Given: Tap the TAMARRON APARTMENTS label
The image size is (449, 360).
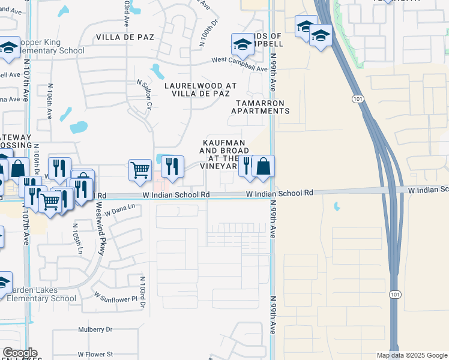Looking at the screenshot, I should (x=261, y=107).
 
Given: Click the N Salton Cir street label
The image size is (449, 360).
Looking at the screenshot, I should (x=144, y=95).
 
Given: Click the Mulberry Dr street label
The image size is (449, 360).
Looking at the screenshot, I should (x=95, y=329).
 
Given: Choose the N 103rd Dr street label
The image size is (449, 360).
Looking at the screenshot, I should (x=143, y=292).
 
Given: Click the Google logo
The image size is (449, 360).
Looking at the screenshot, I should (x=20, y=353).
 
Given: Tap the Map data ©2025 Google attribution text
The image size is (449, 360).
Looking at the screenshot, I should (x=412, y=355).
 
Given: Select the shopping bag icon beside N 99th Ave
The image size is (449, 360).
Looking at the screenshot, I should (x=263, y=166).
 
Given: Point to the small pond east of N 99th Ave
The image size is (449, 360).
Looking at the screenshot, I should (x=337, y=207).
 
